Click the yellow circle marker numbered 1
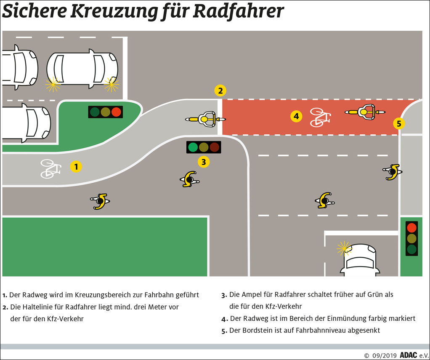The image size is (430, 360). [x=76, y=167]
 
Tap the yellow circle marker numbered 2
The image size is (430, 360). [x=220, y=91]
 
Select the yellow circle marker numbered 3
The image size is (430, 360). [x=204, y=162]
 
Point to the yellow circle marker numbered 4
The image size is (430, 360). [x=296, y=117]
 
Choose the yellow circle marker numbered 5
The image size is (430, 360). [x=399, y=124]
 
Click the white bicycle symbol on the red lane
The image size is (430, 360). [x=320, y=117]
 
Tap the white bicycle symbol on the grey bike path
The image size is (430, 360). [x=50, y=168]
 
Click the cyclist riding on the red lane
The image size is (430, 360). [x=365, y=112]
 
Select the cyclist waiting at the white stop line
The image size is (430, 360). [x=205, y=119]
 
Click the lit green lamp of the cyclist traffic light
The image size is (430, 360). [x=193, y=147]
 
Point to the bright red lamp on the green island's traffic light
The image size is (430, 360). [x=116, y=112]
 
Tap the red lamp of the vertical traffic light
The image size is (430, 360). [x=411, y=228]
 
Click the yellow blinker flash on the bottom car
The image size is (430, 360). [x=343, y=248]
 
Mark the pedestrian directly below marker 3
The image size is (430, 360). [x=189, y=179]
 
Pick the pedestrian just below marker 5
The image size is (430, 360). [x=393, y=172]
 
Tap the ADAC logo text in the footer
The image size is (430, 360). [x=408, y=355]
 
